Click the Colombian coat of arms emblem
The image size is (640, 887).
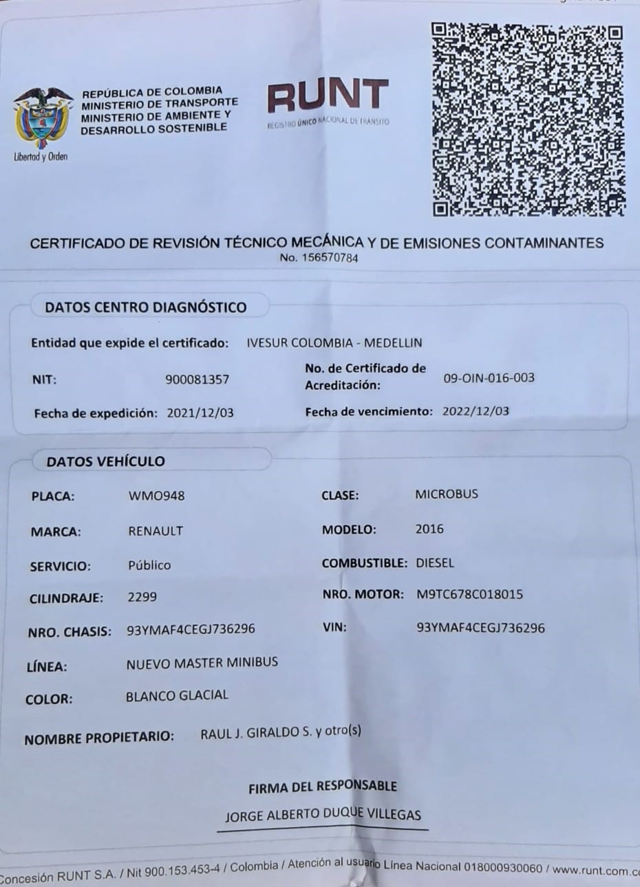pyautogui.click(x=42, y=119)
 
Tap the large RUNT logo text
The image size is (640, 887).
pyautogui.click(x=328, y=97)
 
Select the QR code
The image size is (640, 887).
pyautogui.click(x=528, y=120)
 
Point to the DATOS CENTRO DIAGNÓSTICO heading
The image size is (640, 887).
pyautogui.click(x=145, y=307)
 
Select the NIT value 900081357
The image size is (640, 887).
pyautogui.click(x=198, y=379)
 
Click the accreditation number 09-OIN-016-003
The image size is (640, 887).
pyautogui.click(x=489, y=377)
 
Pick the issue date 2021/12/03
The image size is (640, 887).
pyautogui.click(x=200, y=413)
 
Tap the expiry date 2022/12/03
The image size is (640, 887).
pyautogui.click(x=476, y=411)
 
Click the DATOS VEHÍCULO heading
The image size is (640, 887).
pyautogui.click(x=106, y=461)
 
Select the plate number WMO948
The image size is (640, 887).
pyautogui.click(x=156, y=496)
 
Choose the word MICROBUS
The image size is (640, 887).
pyautogui.click(x=446, y=494)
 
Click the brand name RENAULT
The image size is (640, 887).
pyautogui.click(x=156, y=531)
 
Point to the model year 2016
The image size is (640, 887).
pyautogui.click(x=429, y=529)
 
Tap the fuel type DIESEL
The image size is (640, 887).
pyautogui.click(x=435, y=562)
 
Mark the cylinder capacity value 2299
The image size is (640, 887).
pyautogui.click(x=142, y=597)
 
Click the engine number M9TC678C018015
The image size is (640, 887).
pyautogui.click(x=469, y=594)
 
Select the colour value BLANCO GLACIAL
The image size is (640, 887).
pyautogui.click(x=177, y=696)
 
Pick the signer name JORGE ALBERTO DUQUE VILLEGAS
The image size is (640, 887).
pyautogui.click(x=323, y=815)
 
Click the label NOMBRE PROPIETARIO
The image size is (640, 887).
pyautogui.click(x=99, y=738)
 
